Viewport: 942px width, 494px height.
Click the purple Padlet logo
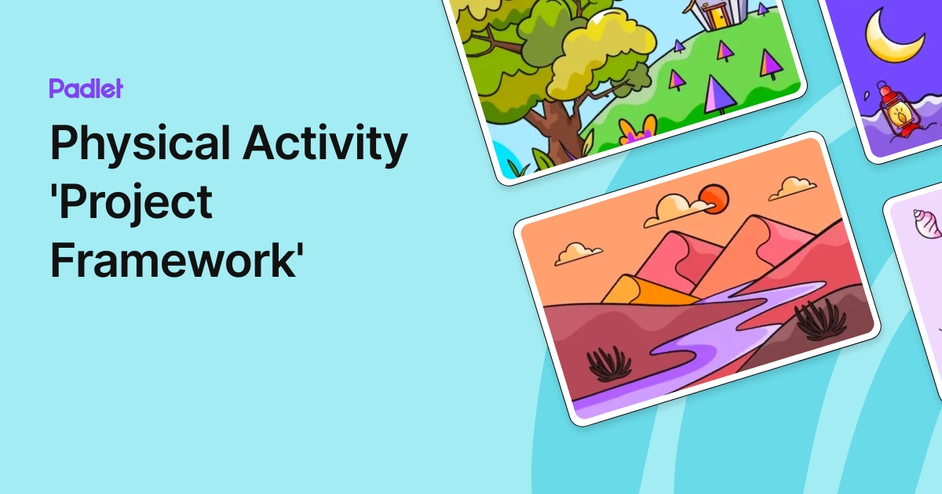(x=86, y=89)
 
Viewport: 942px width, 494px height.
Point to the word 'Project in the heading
(x=131, y=205)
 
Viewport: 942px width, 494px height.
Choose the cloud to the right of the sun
(x=792, y=187)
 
